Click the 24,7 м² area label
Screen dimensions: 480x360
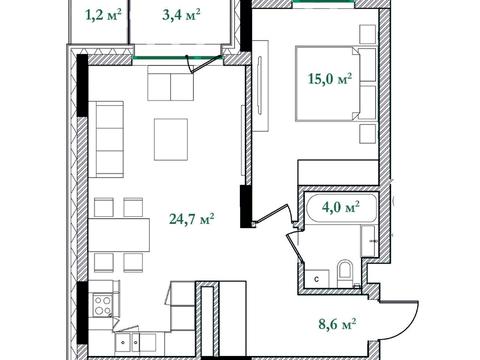[192, 219]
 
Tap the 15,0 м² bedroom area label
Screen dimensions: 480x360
[330, 79]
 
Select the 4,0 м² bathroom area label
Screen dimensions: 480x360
[341, 207]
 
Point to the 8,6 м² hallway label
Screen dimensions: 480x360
[338, 323]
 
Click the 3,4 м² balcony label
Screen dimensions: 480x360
[181, 15]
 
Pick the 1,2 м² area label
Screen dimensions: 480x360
[103, 15]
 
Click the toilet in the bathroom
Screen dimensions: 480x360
[344, 274]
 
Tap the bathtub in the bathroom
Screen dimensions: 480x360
[342, 208]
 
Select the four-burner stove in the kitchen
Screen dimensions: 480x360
[103, 305]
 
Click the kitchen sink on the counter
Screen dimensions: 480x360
[131, 342]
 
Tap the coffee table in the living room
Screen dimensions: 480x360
[171, 139]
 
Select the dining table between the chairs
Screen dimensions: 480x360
[119, 235]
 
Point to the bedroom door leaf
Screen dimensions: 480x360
[271, 213]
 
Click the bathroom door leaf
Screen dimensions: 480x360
[295, 248]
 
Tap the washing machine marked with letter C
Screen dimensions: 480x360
[317, 278]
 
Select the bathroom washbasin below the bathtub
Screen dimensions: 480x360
[369, 241]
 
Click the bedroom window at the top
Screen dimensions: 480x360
[323, 1]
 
